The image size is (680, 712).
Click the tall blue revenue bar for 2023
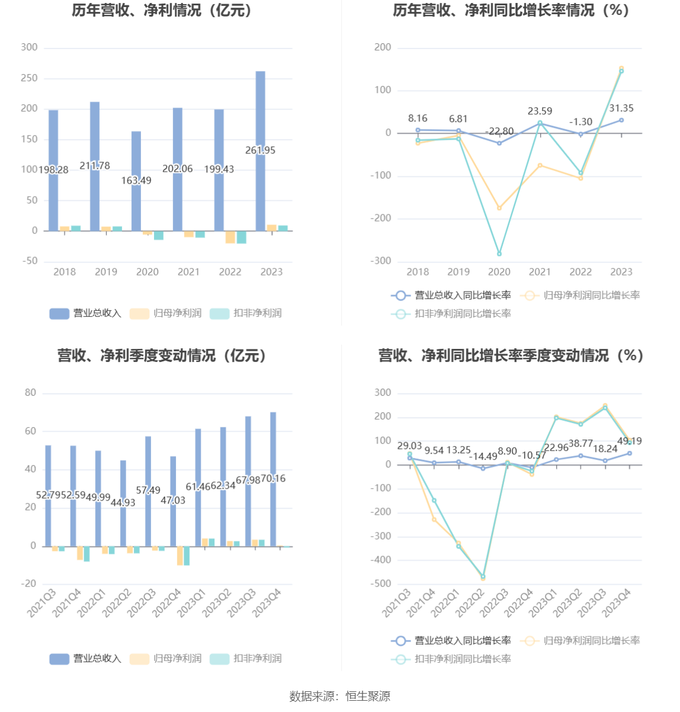(x=261, y=118)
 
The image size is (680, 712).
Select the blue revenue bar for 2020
(x=136, y=154)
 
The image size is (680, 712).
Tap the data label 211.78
(x=95, y=166)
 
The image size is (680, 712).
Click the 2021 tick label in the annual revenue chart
(x=188, y=272)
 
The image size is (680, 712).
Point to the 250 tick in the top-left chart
(x=29, y=78)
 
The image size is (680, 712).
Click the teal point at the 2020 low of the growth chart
(x=499, y=254)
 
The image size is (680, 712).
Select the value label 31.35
(x=621, y=108)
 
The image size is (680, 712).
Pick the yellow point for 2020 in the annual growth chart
(x=499, y=208)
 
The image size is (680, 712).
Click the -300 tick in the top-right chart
(x=381, y=261)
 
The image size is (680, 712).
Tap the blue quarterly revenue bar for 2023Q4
(x=273, y=450)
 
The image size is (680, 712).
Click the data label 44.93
(x=123, y=503)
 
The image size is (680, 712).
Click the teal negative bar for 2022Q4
(x=187, y=556)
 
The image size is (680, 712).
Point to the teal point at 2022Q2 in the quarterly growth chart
(x=483, y=576)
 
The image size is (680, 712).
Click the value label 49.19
(x=629, y=441)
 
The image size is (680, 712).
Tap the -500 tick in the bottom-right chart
(x=381, y=584)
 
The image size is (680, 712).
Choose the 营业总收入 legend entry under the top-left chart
(x=85, y=313)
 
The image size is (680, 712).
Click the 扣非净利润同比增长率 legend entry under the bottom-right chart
(x=451, y=659)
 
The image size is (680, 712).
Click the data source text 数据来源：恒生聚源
(x=340, y=697)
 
